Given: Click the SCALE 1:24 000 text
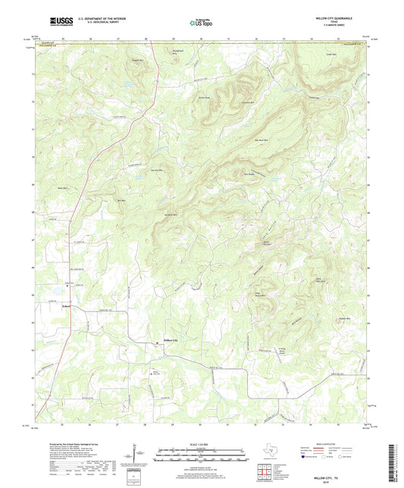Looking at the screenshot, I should (202, 444).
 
